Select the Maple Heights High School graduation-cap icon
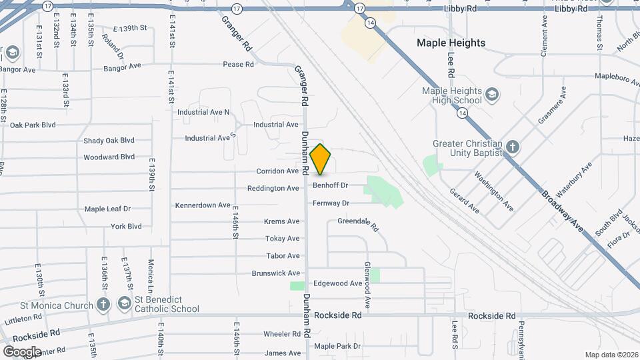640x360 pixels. pyautogui.click(x=492, y=93)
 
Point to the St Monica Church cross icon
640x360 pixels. pyautogui.click(x=103, y=305)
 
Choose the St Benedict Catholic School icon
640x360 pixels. pyautogui.click(x=124, y=304)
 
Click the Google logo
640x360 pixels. pyautogui.click(x=22, y=351)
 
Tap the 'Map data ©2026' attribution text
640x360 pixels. pyautogui.click(x=611, y=355)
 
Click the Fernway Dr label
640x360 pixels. pyautogui.click(x=331, y=203)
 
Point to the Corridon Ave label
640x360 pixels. pyautogui.click(x=277, y=171)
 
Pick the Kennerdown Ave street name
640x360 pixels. pyautogui.click(x=203, y=205)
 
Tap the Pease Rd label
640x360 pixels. pyautogui.click(x=239, y=65)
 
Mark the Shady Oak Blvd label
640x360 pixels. pyautogui.click(x=109, y=141)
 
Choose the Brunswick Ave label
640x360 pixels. pyautogui.click(x=275, y=273)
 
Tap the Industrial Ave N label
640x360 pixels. pyautogui.click(x=203, y=112)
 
